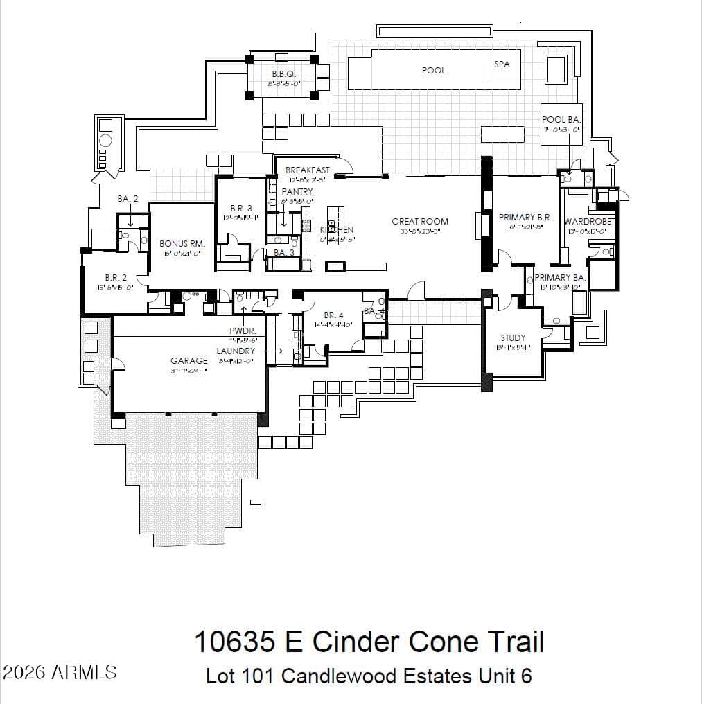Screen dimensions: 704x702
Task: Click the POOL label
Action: pyautogui.click(x=433, y=71)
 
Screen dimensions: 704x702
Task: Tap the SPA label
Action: pyautogui.click(x=502, y=64)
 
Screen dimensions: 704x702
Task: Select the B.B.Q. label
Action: pyautogui.click(x=283, y=73)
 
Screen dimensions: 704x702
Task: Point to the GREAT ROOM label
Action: pyautogui.click(x=420, y=222)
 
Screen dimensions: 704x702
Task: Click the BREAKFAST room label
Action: pyautogui.click(x=308, y=170)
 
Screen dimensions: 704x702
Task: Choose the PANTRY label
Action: pyautogui.click(x=297, y=192)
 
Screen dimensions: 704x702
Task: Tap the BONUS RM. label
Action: pyautogui.click(x=182, y=244)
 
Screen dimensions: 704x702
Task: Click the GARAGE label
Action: pyautogui.click(x=189, y=361)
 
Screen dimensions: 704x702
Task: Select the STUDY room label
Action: pyautogui.click(x=513, y=338)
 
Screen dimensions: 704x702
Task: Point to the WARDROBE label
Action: pyautogui.click(x=588, y=222)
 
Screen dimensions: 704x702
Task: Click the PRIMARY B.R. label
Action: pyautogui.click(x=525, y=218)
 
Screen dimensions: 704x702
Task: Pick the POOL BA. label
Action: pyautogui.click(x=561, y=120)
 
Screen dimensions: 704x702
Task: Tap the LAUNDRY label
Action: pyautogui.click(x=236, y=351)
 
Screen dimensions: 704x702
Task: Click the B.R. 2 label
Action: pyautogui.click(x=116, y=278)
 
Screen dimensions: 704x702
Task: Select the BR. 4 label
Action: pyautogui.click(x=333, y=315)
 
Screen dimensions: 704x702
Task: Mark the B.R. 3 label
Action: pyautogui.click(x=241, y=209)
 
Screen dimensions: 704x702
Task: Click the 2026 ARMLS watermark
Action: pyautogui.click(x=60, y=672)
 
